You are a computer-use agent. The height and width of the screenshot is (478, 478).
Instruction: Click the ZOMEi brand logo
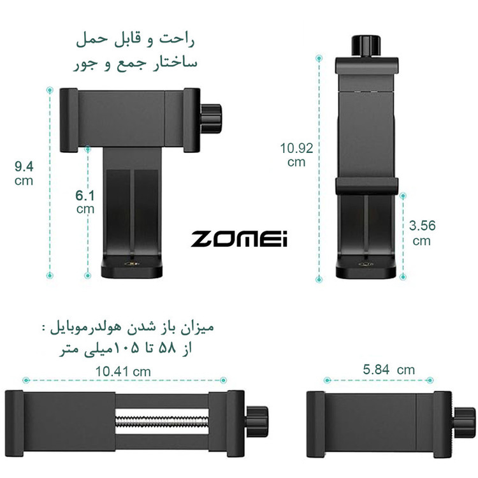[x=239, y=238]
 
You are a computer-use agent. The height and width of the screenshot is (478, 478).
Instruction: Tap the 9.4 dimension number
[x=24, y=166]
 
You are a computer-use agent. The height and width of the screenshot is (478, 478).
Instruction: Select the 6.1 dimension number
[x=85, y=196]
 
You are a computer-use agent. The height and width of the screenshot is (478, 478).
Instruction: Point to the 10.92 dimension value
[x=296, y=148]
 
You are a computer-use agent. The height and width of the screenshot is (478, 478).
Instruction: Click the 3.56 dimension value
[x=422, y=226]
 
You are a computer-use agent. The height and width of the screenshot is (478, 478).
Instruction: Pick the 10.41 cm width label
[x=123, y=372]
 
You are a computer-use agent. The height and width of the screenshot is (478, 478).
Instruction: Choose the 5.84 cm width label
[x=389, y=370]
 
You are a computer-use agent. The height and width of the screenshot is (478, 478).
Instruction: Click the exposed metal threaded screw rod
[x=162, y=421]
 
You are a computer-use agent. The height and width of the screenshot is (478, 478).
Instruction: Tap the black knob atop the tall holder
[x=366, y=46]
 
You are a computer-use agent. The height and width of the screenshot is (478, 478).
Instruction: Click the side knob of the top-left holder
[x=211, y=119]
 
